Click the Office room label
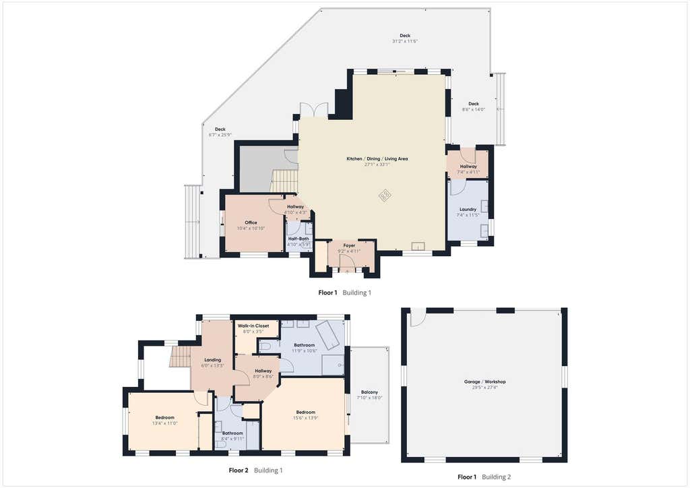tap(251, 222)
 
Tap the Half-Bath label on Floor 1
tap(299, 239)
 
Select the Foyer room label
tap(349, 245)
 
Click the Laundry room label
tap(468, 210)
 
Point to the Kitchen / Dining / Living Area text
tap(377, 159)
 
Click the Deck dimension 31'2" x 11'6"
tap(405, 41)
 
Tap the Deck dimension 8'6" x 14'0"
tap(474, 110)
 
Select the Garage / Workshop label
tap(485, 382)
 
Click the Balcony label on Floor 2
tap(369, 392)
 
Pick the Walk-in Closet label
tap(253, 326)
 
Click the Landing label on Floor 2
tap(212, 360)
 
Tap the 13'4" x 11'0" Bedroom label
tap(164, 418)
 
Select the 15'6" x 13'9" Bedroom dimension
tap(305, 418)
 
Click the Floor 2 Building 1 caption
tap(255, 470)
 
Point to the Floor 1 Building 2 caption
tap(484, 477)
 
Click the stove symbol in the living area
tap(385, 195)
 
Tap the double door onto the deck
tap(314, 110)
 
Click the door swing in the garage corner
tap(418, 319)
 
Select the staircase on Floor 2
tap(180, 357)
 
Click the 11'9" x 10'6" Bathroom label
tap(304, 345)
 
